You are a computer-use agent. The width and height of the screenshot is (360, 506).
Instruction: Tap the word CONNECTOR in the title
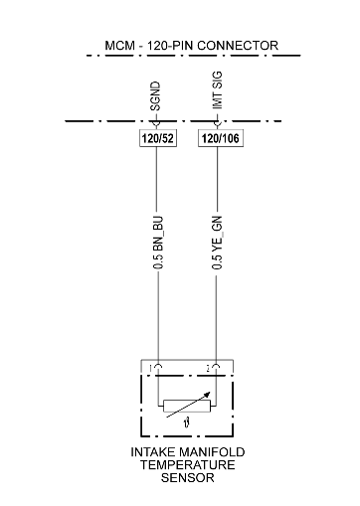pyautogui.click(x=238, y=46)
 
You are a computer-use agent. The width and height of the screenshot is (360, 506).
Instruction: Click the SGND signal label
pyautogui.click(x=155, y=96)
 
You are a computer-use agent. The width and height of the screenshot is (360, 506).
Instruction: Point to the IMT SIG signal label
pyautogui.click(x=217, y=90)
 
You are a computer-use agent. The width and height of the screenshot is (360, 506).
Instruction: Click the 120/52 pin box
pyautogui.click(x=158, y=138)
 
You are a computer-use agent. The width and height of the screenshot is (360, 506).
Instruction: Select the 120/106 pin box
pyautogui.click(x=221, y=138)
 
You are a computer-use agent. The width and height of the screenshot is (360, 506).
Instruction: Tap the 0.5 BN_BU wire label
pyautogui.click(x=158, y=243)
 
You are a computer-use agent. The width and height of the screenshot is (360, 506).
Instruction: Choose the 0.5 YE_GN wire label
pyautogui.click(x=217, y=243)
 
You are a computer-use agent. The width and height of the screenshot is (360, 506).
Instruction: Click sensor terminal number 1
pyautogui.click(x=151, y=368)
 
